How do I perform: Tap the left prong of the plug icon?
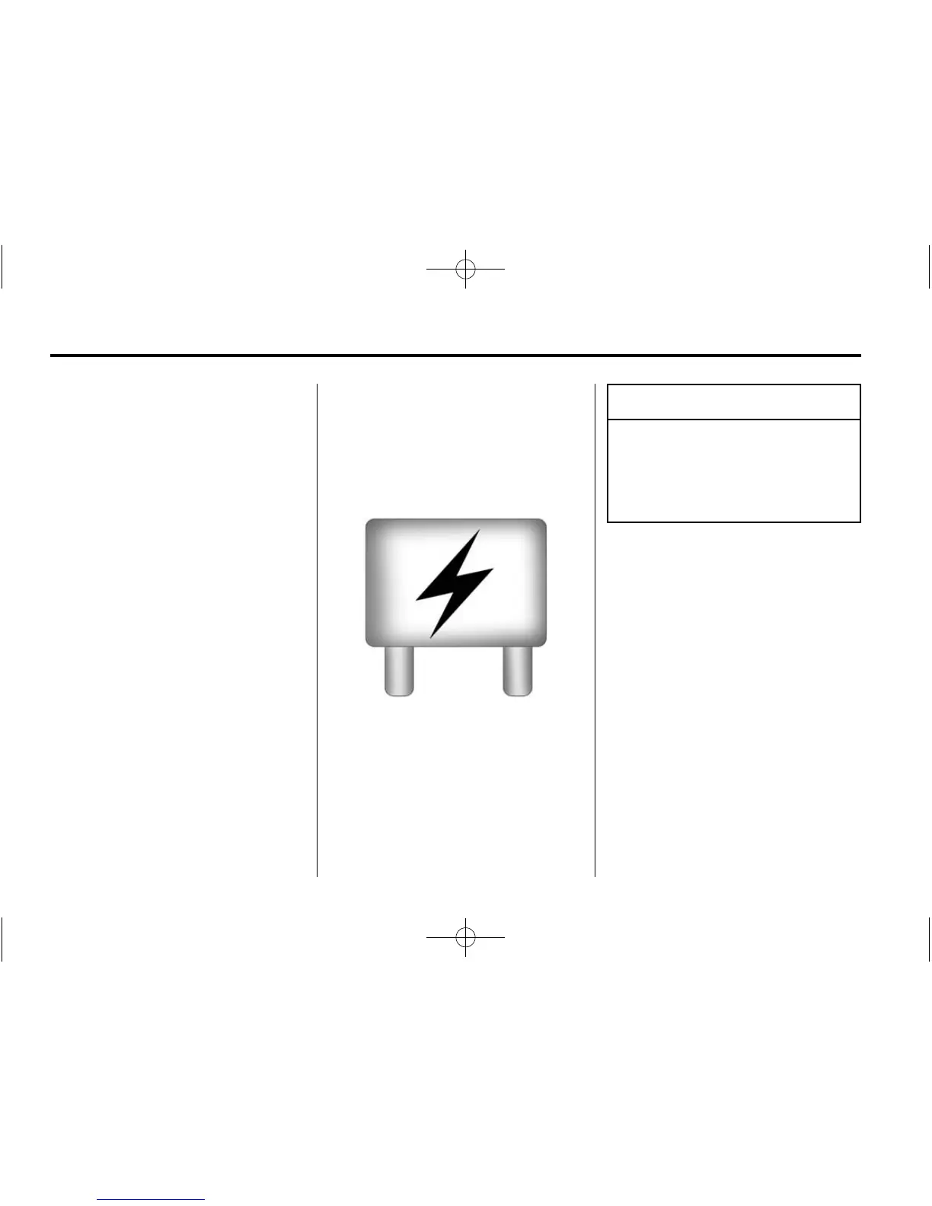click(398, 670)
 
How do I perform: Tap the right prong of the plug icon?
click(518, 670)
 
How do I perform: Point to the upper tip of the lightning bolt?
click(479, 531)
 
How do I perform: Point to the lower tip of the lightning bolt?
click(432, 636)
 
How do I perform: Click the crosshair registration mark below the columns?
click(465, 936)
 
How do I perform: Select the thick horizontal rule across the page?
click(455, 356)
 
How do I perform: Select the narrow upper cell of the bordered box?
click(733, 402)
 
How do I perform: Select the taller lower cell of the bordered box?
click(733, 471)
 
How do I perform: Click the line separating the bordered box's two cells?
click(733, 419)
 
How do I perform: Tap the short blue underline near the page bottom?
click(151, 1200)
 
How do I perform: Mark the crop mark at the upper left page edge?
click(2, 266)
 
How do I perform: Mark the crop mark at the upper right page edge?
click(929, 266)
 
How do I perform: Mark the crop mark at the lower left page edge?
click(2, 939)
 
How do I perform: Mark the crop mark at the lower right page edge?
click(929, 939)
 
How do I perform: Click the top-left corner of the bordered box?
click(608, 385)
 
